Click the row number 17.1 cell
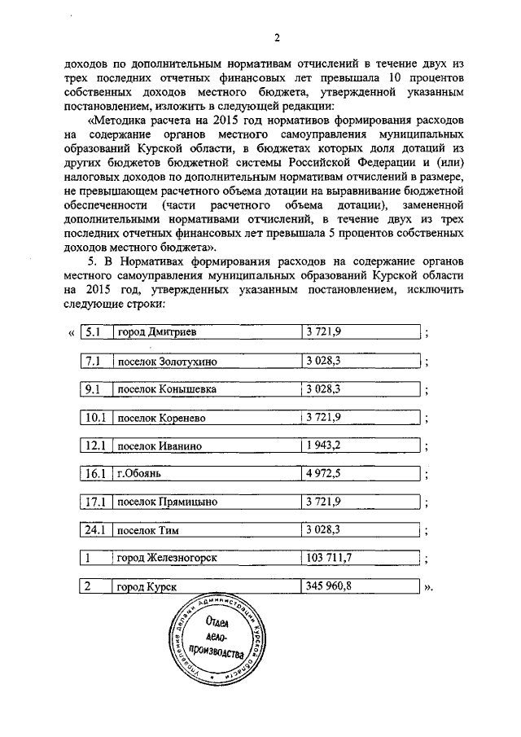click(96, 502)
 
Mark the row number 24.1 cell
click(96, 530)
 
